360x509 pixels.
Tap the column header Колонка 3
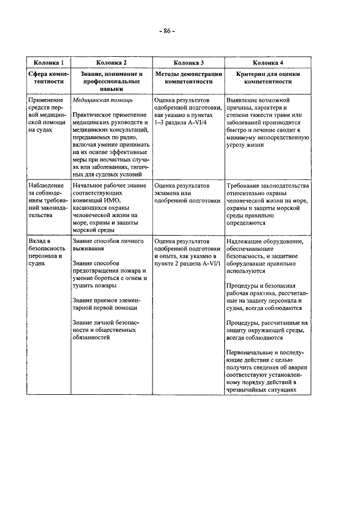pyautogui.click(x=188, y=62)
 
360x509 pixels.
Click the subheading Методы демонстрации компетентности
pyautogui.click(x=188, y=77)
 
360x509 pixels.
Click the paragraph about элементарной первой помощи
pyautogui.click(x=105, y=303)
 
